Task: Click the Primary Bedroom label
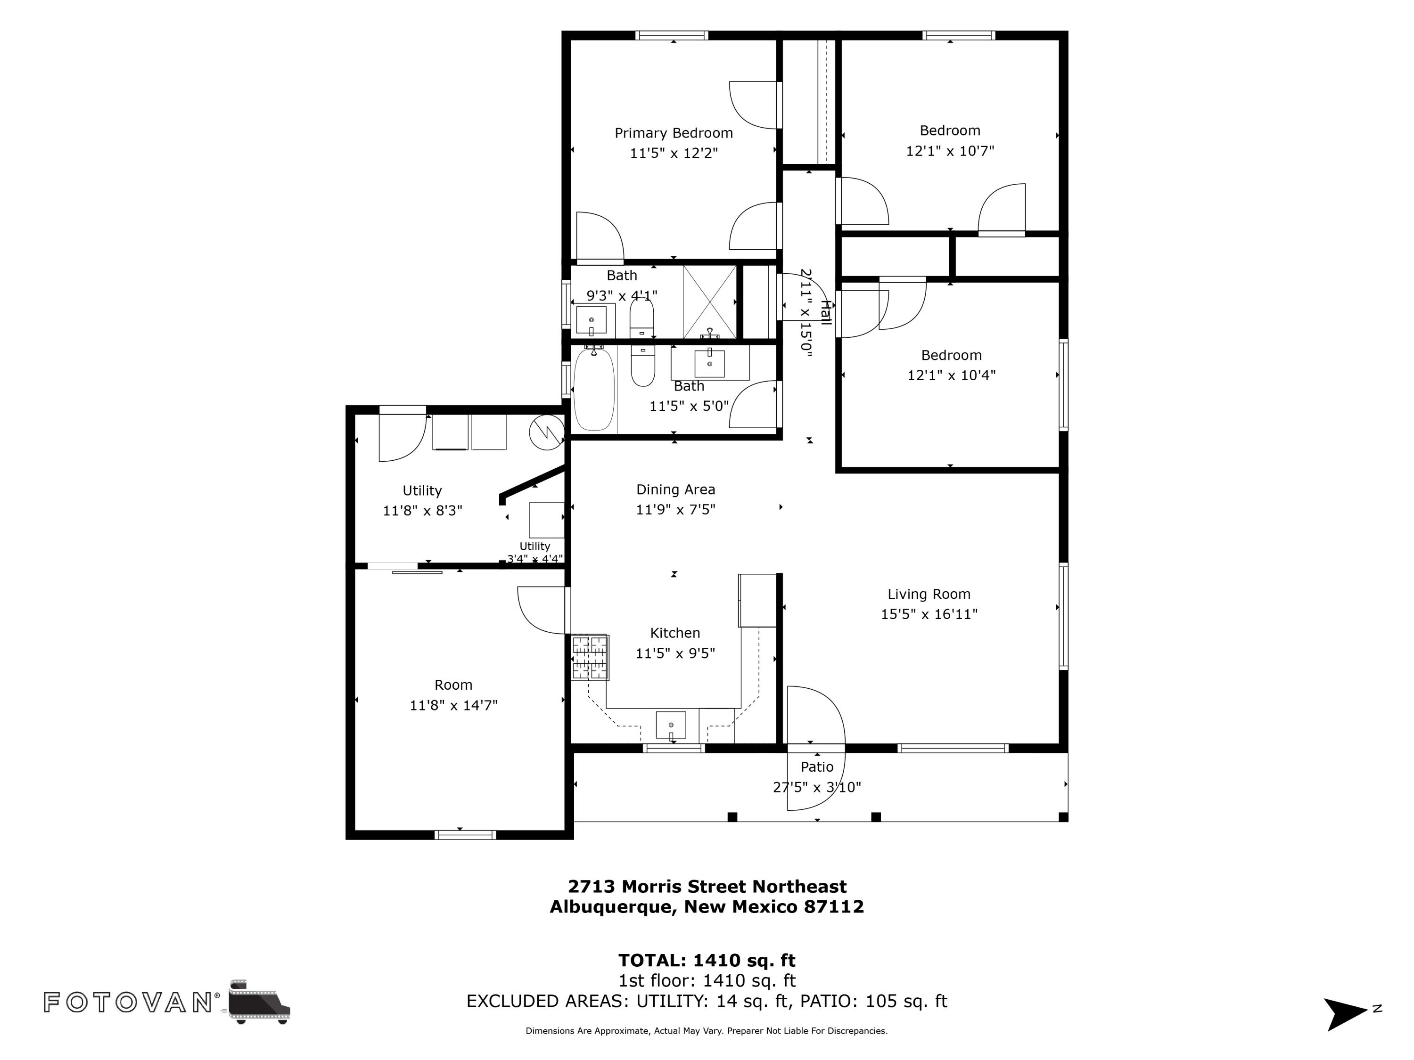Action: pyautogui.click(x=673, y=133)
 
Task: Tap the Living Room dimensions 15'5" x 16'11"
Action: pyautogui.click(x=929, y=614)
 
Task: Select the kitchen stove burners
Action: pyautogui.click(x=589, y=657)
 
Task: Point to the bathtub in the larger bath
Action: pyautogui.click(x=594, y=389)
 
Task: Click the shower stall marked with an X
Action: pyautogui.click(x=709, y=302)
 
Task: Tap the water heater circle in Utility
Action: pyautogui.click(x=547, y=432)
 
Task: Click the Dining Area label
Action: pyautogui.click(x=676, y=490)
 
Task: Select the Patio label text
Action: pyautogui.click(x=817, y=766)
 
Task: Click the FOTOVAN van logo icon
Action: pyautogui.click(x=259, y=1001)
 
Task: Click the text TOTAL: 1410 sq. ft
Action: pyautogui.click(x=707, y=960)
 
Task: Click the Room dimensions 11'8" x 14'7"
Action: pyautogui.click(x=453, y=705)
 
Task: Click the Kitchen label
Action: pyautogui.click(x=675, y=633)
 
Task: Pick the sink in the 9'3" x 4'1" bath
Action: pyautogui.click(x=592, y=320)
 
